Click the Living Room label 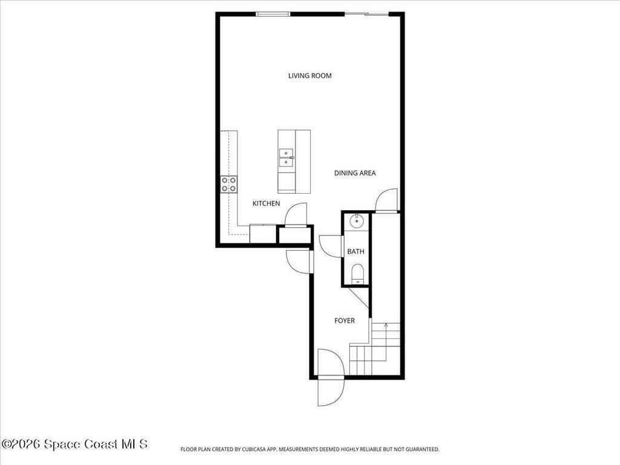point(309,76)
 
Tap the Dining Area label point(355,173)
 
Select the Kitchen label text point(266,203)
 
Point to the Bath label point(355,251)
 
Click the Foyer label point(345,320)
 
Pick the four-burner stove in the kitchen point(229,184)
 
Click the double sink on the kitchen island point(286,157)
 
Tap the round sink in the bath point(357,221)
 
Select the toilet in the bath point(357,274)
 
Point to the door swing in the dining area point(386,200)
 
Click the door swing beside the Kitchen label point(296,216)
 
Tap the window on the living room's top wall point(272,14)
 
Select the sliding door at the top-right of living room point(366,14)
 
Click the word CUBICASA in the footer point(266,449)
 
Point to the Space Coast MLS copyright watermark point(74,444)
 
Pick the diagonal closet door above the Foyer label point(358,297)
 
